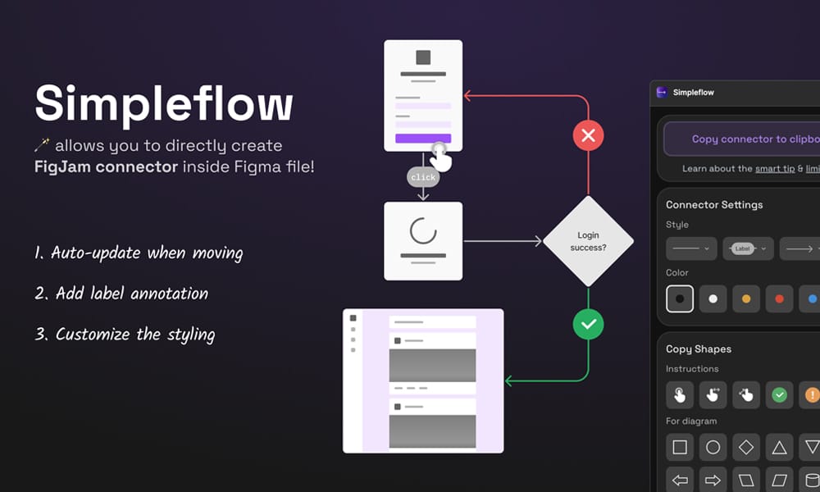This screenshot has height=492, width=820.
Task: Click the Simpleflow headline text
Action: (163, 104)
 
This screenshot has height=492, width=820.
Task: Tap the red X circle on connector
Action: (588, 135)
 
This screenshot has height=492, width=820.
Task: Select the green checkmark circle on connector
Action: (588, 325)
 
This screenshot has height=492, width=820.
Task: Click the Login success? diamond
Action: (588, 241)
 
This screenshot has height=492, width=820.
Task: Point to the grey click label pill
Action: (423, 177)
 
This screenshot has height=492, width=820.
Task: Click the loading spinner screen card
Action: (423, 241)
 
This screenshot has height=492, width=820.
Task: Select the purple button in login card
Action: (423, 139)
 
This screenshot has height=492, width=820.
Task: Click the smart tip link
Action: (774, 169)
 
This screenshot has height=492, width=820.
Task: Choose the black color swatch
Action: (680, 299)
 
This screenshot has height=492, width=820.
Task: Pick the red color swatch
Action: (779, 299)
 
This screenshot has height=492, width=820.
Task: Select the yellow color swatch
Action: (746, 299)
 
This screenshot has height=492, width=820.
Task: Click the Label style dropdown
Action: (748, 248)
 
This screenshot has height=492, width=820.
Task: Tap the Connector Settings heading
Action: (714, 205)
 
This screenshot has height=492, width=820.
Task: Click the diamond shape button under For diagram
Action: (746, 448)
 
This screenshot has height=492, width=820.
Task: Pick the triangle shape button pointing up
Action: (779, 448)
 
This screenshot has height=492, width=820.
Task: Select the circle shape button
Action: (713, 448)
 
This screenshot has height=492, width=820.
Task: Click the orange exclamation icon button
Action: (811, 395)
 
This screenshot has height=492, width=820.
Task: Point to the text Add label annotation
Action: (131, 293)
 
